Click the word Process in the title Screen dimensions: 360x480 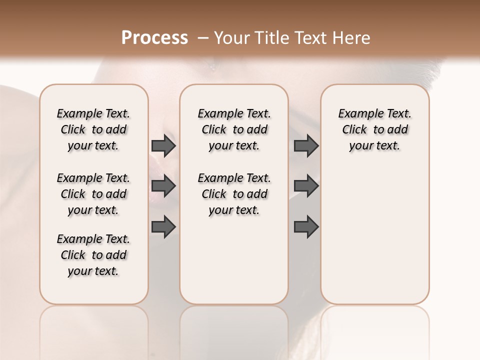pos(154,38)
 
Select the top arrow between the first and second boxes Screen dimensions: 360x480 pos(163,145)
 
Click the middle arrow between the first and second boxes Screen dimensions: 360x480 pos(163,186)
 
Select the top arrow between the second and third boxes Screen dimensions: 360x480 pos(306,145)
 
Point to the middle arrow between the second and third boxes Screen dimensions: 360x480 pos(306,186)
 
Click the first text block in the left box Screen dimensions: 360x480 pos(93,129)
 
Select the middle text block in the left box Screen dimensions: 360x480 pos(93,194)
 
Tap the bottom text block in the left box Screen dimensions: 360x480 pos(93,255)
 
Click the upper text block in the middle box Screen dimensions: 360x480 pos(234,129)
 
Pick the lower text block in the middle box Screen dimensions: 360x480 pos(234,194)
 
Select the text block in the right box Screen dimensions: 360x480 pos(374,129)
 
